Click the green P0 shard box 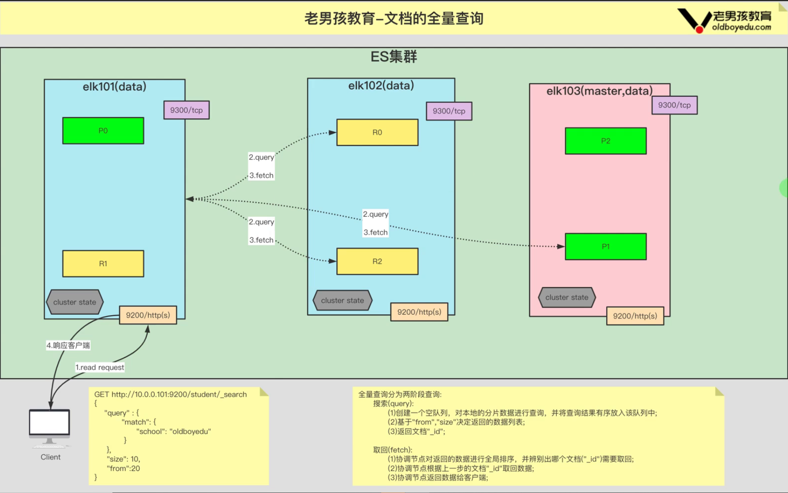pyautogui.click(x=103, y=131)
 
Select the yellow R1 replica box pyautogui.click(x=103, y=263)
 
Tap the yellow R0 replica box pyautogui.click(x=377, y=132)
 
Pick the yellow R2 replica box pyautogui.click(x=377, y=262)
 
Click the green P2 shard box pyautogui.click(x=605, y=141)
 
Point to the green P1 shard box pyautogui.click(x=605, y=246)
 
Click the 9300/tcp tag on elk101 pyautogui.click(x=186, y=110)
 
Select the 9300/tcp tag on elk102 pyautogui.click(x=449, y=111)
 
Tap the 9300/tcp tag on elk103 pyautogui.click(x=674, y=105)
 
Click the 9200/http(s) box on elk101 pyautogui.click(x=148, y=315)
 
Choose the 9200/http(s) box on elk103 pyautogui.click(x=635, y=316)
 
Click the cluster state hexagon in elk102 pyautogui.click(x=342, y=300)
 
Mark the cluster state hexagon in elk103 pyautogui.click(x=567, y=297)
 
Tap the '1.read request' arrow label pyautogui.click(x=100, y=368)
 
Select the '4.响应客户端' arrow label pyautogui.click(x=68, y=345)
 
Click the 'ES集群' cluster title pyautogui.click(x=394, y=56)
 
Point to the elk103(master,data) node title pyautogui.click(x=599, y=91)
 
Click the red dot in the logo pyautogui.click(x=700, y=30)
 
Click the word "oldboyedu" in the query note pyautogui.click(x=190, y=431)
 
